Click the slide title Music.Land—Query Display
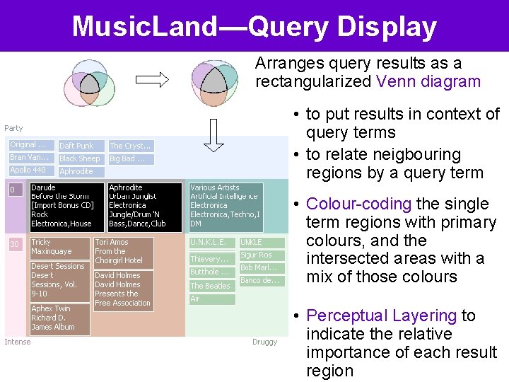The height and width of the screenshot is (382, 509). [x=255, y=27]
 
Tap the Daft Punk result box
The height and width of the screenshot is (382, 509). [x=81, y=146]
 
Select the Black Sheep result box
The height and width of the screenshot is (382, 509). [x=81, y=158]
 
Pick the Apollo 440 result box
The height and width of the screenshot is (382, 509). [x=30, y=170]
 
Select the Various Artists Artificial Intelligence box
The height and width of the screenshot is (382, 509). [x=226, y=207]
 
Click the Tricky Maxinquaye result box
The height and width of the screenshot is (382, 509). [x=60, y=247]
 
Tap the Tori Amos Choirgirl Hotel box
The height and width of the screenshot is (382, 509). [x=122, y=251]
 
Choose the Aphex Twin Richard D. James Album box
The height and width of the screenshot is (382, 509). [x=60, y=318]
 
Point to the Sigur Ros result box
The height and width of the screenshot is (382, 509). [x=261, y=255]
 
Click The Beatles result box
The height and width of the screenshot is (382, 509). [x=211, y=286]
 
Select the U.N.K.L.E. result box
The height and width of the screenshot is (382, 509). [x=211, y=243]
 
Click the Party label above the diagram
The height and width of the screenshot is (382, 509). [x=13, y=128]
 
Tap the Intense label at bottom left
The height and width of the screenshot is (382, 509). [x=18, y=342]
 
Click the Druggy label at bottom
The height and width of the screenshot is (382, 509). [x=264, y=342]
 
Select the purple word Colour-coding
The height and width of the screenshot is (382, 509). [x=358, y=204]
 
